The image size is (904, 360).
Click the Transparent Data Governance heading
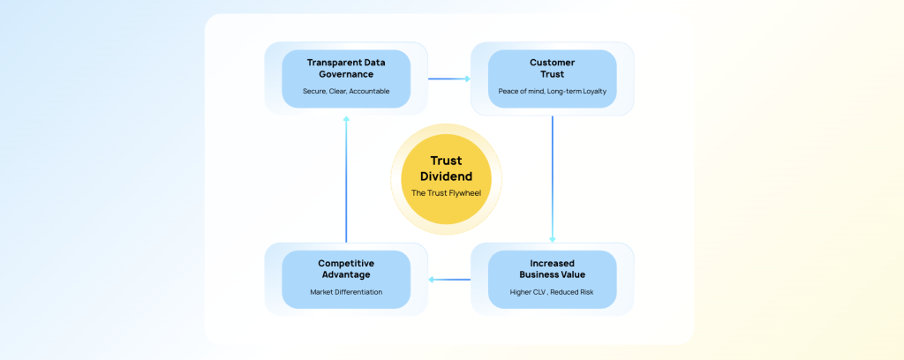pyautogui.click(x=346, y=68)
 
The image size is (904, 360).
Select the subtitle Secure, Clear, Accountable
pyautogui.click(x=346, y=91)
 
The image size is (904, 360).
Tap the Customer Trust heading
pyautogui.click(x=552, y=68)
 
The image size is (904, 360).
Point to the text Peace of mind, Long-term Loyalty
pyautogui.click(x=552, y=91)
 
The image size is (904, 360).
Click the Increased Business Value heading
pyautogui.click(x=552, y=268)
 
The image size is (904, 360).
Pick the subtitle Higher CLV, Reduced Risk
pyautogui.click(x=552, y=291)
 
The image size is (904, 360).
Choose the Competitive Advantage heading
pyautogui.click(x=346, y=268)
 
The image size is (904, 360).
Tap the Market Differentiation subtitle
pyautogui.click(x=346, y=291)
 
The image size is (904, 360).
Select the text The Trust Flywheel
pyautogui.click(x=446, y=192)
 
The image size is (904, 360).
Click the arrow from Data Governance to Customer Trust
pyautogui.click(x=449, y=79)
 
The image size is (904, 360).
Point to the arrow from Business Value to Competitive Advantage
pyautogui.click(x=449, y=280)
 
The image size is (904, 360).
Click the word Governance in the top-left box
pyautogui.click(x=346, y=74)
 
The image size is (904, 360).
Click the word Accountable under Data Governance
pyautogui.click(x=368, y=91)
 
